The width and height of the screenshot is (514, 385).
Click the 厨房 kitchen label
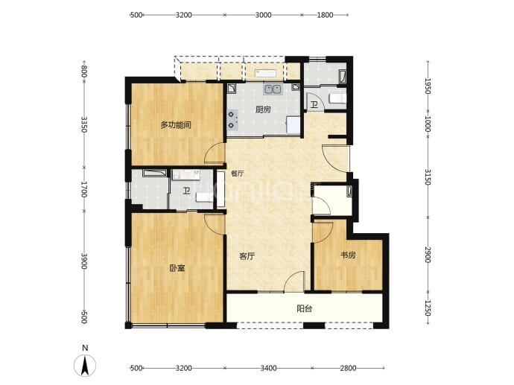pyautogui.click(x=263, y=109)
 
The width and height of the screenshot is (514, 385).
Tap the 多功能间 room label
pyautogui.click(x=176, y=125)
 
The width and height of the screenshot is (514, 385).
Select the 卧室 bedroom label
pyautogui.click(x=177, y=268)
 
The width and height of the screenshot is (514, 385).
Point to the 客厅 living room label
pyautogui.click(x=247, y=256)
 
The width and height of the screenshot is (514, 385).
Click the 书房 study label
pyautogui.click(x=348, y=255)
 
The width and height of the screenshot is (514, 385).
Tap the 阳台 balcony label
pyautogui.click(x=304, y=308)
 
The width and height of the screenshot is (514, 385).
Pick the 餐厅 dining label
pyautogui.click(x=238, y=174)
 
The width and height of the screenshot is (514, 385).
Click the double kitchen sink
pyautogui.click(x=273, y=89)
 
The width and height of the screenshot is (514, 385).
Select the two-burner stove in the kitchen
pyautogui.click(x=232, y=120)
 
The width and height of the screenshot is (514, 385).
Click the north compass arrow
pyautogui.click(x=85, y=366)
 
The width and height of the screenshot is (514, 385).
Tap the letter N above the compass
pyautogui.click(x=85, y=348)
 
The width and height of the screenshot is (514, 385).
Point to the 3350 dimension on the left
pyautogui.click(x=84, y=124)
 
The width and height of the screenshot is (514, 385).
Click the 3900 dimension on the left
pyautogui.click(x=84, y=261)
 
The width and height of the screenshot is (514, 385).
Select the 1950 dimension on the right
pyautogui.click(x=428, y=86)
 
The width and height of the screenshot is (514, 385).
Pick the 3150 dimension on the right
pyautogui.click(x=428, y=177)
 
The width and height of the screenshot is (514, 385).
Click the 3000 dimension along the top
pyautogui.click(x=264, y=15)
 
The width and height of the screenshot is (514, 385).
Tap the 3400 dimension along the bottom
pyautogui.click(x=268, y=369)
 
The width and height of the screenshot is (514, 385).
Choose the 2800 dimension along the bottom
pyautogui.click(x=348, y=369)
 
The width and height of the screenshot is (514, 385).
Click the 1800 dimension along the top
pyautogui.click(x=325, y=15)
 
